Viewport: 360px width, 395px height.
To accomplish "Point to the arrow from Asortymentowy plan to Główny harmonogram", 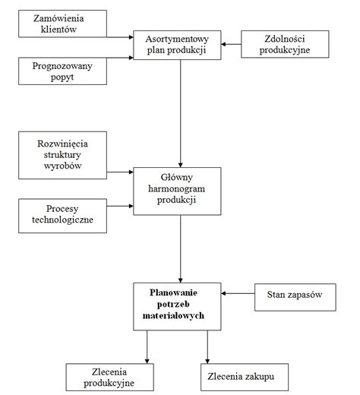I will (x=180, y=114).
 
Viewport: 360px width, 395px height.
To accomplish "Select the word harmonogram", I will (x=178, y=188).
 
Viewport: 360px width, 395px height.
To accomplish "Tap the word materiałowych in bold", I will (x=180, y=314).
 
